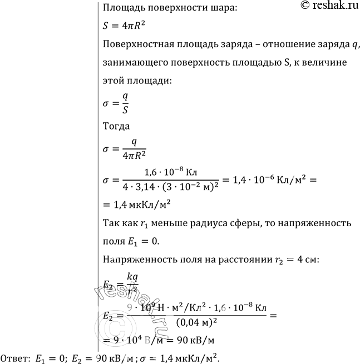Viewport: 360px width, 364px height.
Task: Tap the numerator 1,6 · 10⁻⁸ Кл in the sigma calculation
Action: click(x=168, y=172)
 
